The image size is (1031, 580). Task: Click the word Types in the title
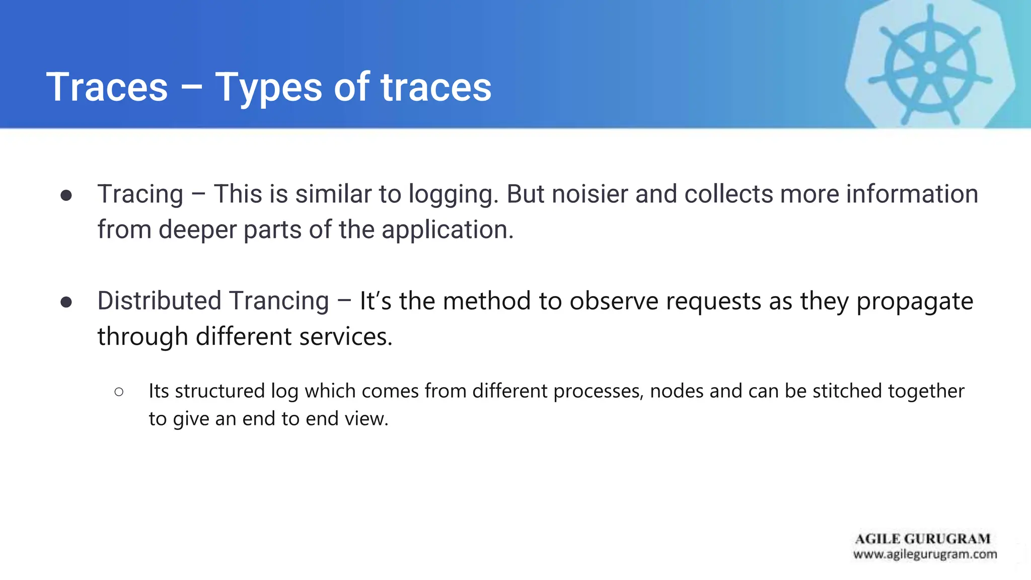pos(268,88)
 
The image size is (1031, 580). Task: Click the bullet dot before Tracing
pos(66,195)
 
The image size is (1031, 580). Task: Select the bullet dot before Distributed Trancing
pos(66,302)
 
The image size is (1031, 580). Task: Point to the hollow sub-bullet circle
pos(119,392)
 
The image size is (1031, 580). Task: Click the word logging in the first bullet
pos(453,195)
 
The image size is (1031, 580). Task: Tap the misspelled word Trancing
pos(279,301)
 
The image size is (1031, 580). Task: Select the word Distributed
pos(159,301)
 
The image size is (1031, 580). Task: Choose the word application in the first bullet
pos(447,230)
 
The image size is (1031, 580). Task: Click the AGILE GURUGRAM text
pos(922,539)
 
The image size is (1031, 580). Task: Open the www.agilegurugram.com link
pos(925,554)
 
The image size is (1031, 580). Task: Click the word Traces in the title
pos(107,87)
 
